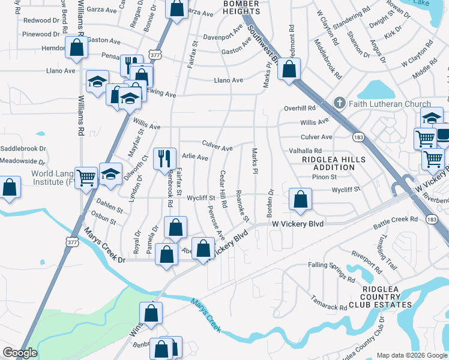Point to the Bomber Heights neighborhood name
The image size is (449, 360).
point(232,8)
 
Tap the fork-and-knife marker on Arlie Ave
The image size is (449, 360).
point(164,159)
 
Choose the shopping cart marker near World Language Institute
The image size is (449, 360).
point(86,177)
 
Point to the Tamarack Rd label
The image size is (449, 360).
point(328,302)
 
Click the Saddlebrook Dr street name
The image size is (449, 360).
point(23,148)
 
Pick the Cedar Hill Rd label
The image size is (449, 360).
point(223,191)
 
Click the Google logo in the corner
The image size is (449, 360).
point(20,353)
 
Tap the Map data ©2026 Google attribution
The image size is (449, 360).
point(411,355)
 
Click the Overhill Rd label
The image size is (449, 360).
point(300,108)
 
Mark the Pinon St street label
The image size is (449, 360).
point(324,176)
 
